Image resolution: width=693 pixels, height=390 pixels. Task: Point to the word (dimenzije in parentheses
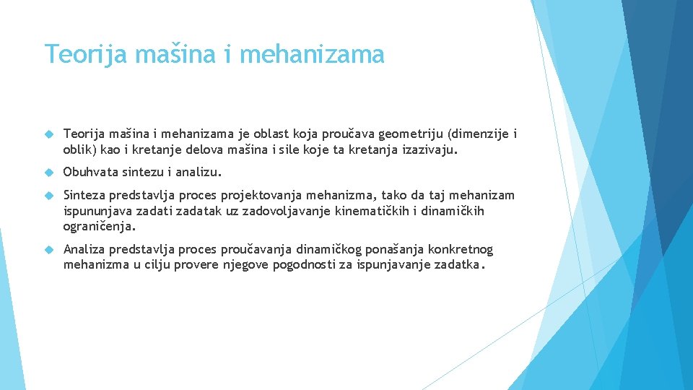[477, 134]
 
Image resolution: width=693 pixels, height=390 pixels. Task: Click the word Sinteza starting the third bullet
[84, 195]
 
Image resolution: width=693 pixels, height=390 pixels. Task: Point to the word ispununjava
[97, 212]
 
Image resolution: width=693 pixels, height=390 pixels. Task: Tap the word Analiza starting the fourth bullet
[84, 250]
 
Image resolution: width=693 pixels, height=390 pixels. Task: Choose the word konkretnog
[461, 250]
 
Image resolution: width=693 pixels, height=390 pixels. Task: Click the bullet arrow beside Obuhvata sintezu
[49, 173]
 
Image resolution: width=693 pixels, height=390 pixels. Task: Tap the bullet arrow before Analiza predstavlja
[49, 250]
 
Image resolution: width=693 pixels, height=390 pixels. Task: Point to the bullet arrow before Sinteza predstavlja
[49, 196]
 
